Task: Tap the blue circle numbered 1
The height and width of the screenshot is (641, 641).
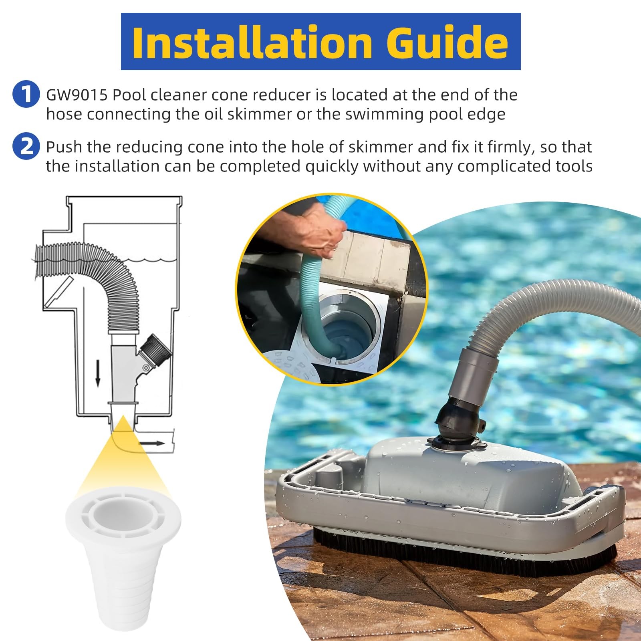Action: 26,95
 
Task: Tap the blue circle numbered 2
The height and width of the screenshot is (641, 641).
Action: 26,147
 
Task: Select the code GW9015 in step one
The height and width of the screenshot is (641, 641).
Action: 77,95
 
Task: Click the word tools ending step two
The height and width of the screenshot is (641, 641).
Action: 574,166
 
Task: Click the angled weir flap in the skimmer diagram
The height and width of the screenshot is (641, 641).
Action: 59,293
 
